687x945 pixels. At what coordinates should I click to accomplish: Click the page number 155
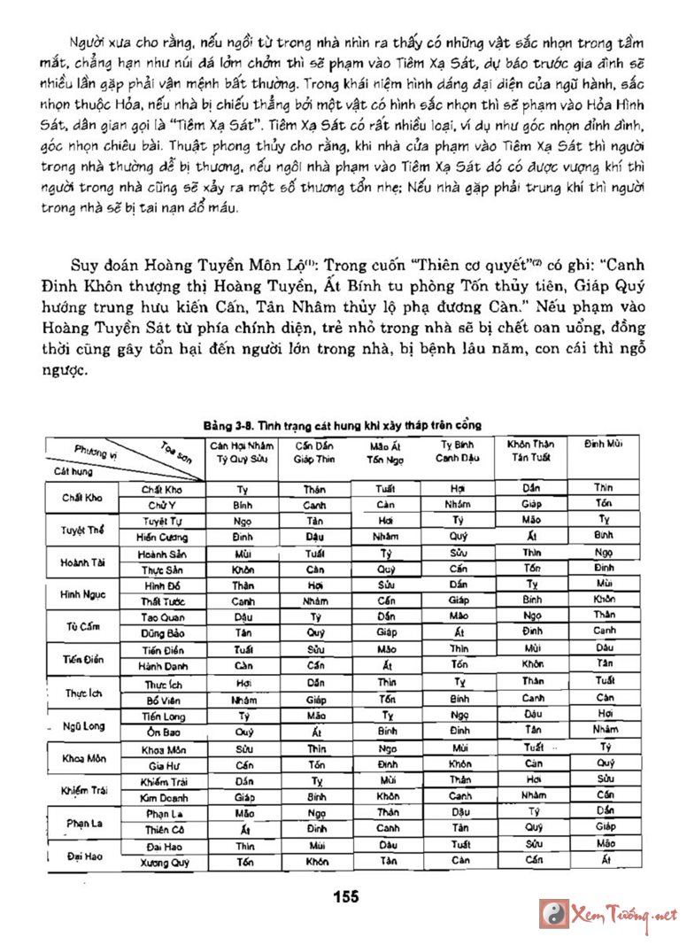pyautogui.click(x=346, y=897)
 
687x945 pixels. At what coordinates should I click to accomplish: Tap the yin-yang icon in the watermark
pyautogui.click(x=554, y=914)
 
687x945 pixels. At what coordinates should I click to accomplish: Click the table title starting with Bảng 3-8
pyautogui.click(x=341, y=425)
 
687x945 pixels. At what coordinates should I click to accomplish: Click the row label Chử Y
pyautogui.click(x=162, y=504)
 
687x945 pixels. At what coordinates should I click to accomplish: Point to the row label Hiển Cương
pyautogui.click(x=162, y=537)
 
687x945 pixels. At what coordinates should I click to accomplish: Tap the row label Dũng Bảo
pyautogui.click(x=162, y=633)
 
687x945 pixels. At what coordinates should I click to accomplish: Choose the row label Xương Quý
pyautogui.click(x=162, y=861)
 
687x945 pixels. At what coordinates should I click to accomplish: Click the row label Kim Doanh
pyautogui.click(x=162, y=796)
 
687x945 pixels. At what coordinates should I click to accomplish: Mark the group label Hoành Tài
pyautogui.click(x=81, y=562)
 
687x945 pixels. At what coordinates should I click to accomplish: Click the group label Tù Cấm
pyautogui.click(x=81, y=626)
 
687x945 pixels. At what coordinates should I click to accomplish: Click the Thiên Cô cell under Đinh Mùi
pyautogui.click(x=604, y=828)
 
